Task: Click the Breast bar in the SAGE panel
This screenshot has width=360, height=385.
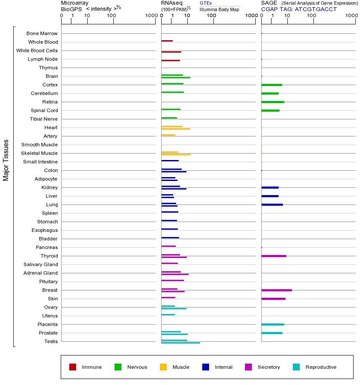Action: point(276,290)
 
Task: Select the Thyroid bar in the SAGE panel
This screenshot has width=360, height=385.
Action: point(274,256)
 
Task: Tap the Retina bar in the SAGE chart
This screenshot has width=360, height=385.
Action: point(272,102)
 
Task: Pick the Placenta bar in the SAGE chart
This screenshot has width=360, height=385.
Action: point(272,324)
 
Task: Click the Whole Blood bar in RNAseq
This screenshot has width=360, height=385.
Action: point(167,41)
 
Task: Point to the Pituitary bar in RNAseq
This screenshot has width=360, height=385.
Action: point(172,280)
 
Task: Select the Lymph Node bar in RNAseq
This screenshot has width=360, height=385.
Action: point(170,60)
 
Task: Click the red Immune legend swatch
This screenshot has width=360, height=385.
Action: point(73,367)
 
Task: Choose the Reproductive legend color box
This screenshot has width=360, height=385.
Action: point(296,367)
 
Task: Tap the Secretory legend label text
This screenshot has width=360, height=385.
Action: point(269,367)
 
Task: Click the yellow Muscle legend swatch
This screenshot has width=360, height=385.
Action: point(163,367)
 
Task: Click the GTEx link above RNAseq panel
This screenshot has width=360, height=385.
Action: point(206,3)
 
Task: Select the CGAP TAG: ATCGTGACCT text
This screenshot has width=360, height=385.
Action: point(299,9)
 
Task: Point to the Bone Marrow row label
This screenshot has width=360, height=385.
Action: point(42,33)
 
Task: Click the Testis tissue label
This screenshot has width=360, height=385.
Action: point(51,341)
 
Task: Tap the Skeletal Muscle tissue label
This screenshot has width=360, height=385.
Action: point(39,153)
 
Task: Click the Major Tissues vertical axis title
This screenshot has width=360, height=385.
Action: point(6,160)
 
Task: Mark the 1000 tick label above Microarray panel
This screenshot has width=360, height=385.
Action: point(151,16)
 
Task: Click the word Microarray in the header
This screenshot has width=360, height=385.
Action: point(75,3)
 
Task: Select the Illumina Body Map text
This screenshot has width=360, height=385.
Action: point(219,9)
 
